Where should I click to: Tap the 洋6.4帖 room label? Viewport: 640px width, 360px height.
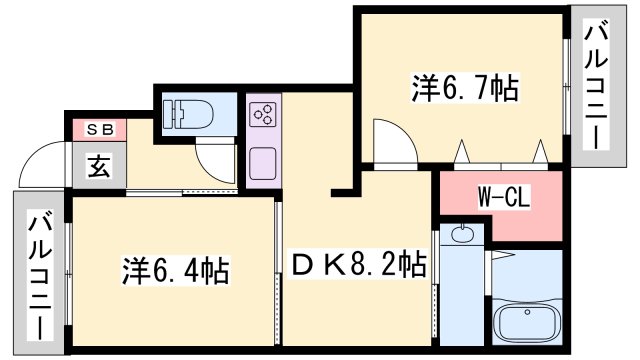pos(176,270)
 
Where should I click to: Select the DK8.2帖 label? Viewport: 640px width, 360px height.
pos(359,265)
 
